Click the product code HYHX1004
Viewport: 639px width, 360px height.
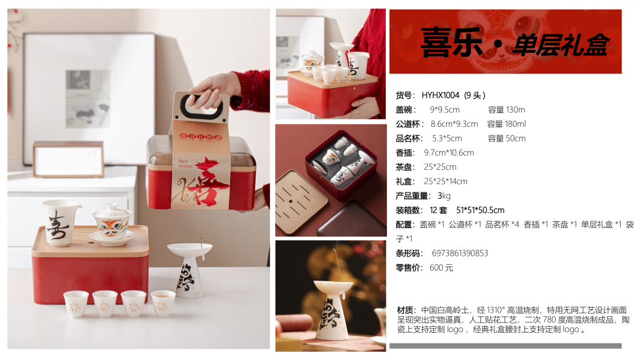(x=440, y=95)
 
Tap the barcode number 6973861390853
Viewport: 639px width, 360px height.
(x=460, y=253)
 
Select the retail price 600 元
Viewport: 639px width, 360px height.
(x=441, y=268)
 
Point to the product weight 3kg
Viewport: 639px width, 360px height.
(x=444, y=196)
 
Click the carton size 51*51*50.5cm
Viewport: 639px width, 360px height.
(x=480, y=210)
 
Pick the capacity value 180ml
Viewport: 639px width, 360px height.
(x=515, y=124)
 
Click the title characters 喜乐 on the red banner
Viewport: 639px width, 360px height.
(x=451, y=43)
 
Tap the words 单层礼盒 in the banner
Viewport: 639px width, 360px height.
(x=561, y=44)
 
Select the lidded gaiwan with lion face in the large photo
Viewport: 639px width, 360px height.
(x=112, y=225)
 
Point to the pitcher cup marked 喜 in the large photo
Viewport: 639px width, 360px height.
(x=60, y=222)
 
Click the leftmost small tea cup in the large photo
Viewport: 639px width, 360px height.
(x=76, y=304)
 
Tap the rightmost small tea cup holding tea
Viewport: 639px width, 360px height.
(x=163, y=303)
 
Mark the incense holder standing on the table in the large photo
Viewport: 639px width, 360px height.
(x=190, y=269)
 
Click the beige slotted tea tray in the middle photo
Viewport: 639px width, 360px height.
(x=301, y=202)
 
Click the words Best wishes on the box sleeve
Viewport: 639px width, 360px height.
(x=185, y=163)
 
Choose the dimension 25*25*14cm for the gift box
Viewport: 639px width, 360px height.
(x=446, y=181)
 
